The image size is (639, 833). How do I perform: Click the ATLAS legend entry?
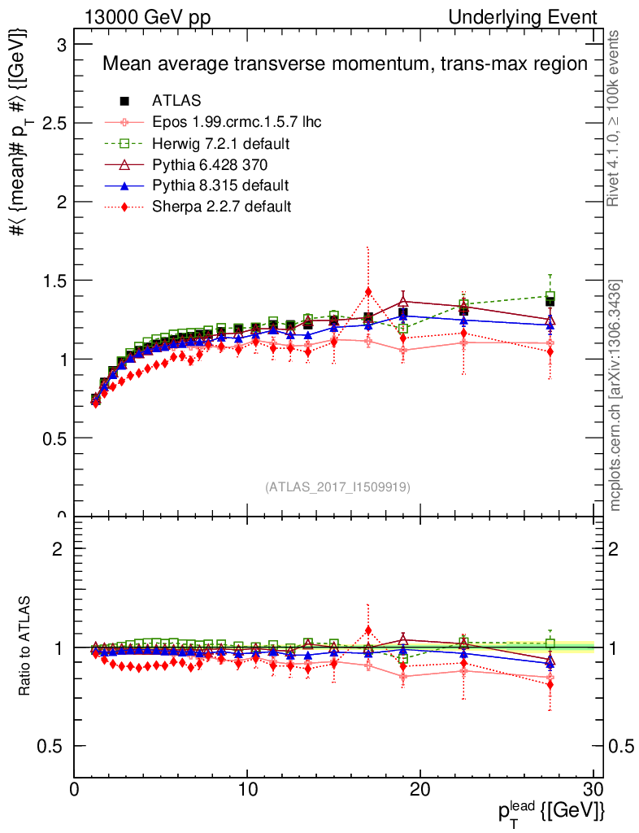pos(176,101)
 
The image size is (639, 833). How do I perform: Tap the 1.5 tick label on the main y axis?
pos(54,281)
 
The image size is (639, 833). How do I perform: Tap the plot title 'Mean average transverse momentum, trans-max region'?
pos(344,64)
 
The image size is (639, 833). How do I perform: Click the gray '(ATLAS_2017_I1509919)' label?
pos(337,487)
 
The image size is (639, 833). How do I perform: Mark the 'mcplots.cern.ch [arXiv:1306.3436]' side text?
pos(615,395)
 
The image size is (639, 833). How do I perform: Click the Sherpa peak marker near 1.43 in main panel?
pos(368,291)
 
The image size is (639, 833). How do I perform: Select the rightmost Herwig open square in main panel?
pos(550,296)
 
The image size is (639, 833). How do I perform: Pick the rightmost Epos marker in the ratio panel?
pos(550,677)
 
